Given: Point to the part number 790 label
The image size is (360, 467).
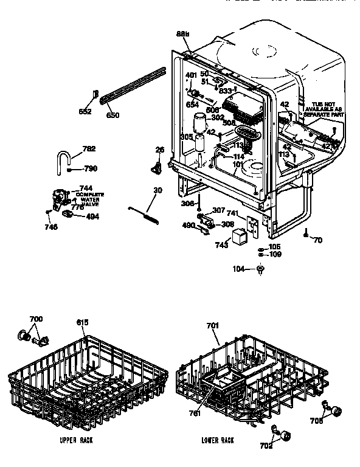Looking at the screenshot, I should click(x=90, y=169).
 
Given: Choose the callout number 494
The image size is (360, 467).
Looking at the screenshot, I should click(x=94, y=215).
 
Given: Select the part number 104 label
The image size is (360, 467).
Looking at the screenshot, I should click(x=240, y=268).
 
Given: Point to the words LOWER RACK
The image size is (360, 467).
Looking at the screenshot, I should click(x=218, y=439).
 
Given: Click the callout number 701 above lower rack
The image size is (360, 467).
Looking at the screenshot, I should click(x=212, y=326).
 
